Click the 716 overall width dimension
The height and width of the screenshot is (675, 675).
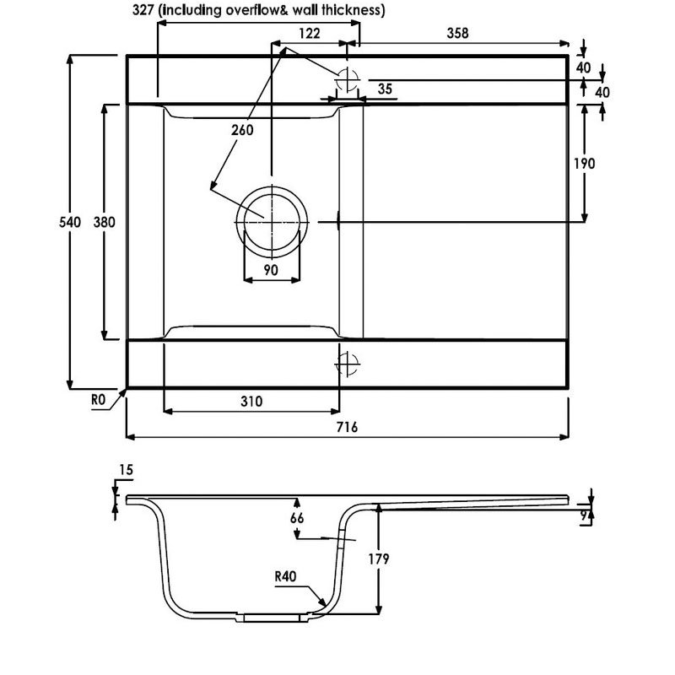tap(347, 427)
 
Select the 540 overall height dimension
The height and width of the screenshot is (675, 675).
tap(70, 222)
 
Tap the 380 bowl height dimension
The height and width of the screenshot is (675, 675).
tap(104, 222)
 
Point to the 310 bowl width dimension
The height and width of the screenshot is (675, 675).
tap(251, 402)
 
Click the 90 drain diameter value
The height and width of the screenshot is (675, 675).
tap(271, 270)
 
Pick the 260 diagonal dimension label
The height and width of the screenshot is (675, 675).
tap(242, 130)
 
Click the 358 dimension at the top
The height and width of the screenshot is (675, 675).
tap(457, 33)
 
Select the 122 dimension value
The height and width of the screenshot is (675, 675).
tap(310, 33)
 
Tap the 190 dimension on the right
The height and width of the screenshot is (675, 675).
tap(584, 164)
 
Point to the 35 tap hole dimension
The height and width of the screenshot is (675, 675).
tap(385, 89)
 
